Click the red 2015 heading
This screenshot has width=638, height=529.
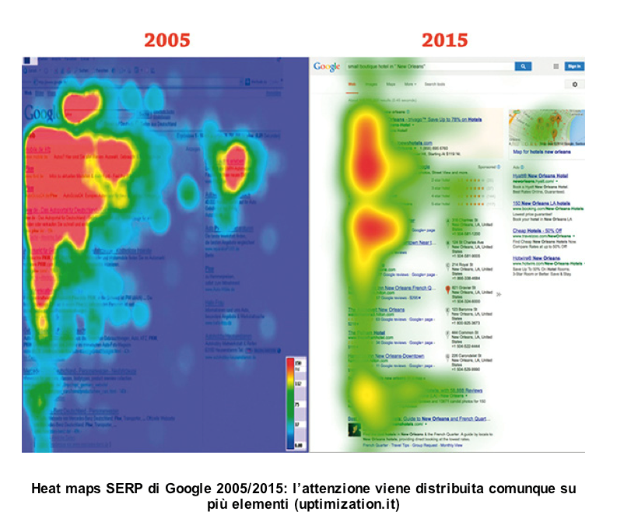(444, 39)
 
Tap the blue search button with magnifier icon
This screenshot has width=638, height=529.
(524, 67)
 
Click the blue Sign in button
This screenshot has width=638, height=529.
(574, 67)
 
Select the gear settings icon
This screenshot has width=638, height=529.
(575, 84)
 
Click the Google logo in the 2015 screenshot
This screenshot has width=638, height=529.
(327, 67)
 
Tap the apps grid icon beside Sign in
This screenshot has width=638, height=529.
(556, 67)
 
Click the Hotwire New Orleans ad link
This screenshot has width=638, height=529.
(536, 257)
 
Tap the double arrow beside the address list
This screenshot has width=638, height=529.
(499, 294)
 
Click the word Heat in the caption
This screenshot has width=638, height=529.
(46, 489)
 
